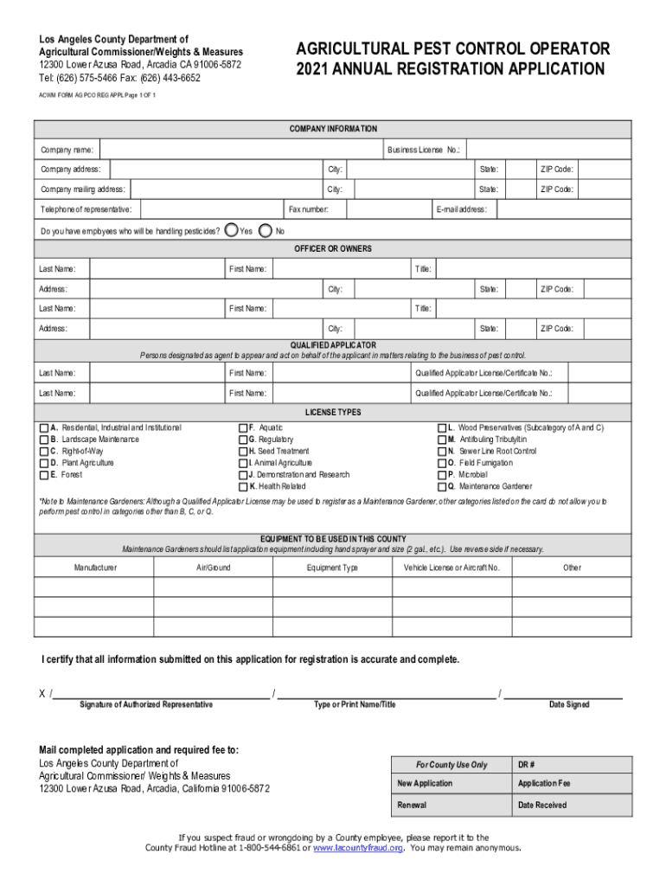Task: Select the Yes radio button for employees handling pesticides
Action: tap(231, 230)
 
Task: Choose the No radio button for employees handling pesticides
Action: tap(266, 230)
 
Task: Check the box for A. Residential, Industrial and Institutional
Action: tap(44, 428)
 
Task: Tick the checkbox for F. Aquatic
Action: tap(242, 428)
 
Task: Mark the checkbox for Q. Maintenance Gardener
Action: tap(441, 486)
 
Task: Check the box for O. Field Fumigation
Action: tap(441, 463)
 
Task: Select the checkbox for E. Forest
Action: tap(44, 475)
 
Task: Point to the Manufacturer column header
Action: tap(95, 568)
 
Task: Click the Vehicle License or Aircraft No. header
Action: tap(451, 568)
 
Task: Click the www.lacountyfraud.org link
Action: tap(358, 849)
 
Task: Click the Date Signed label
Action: tap(569, 705)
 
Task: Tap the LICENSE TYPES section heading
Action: tap(333, 413)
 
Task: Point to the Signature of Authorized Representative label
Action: tap(146, 705)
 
